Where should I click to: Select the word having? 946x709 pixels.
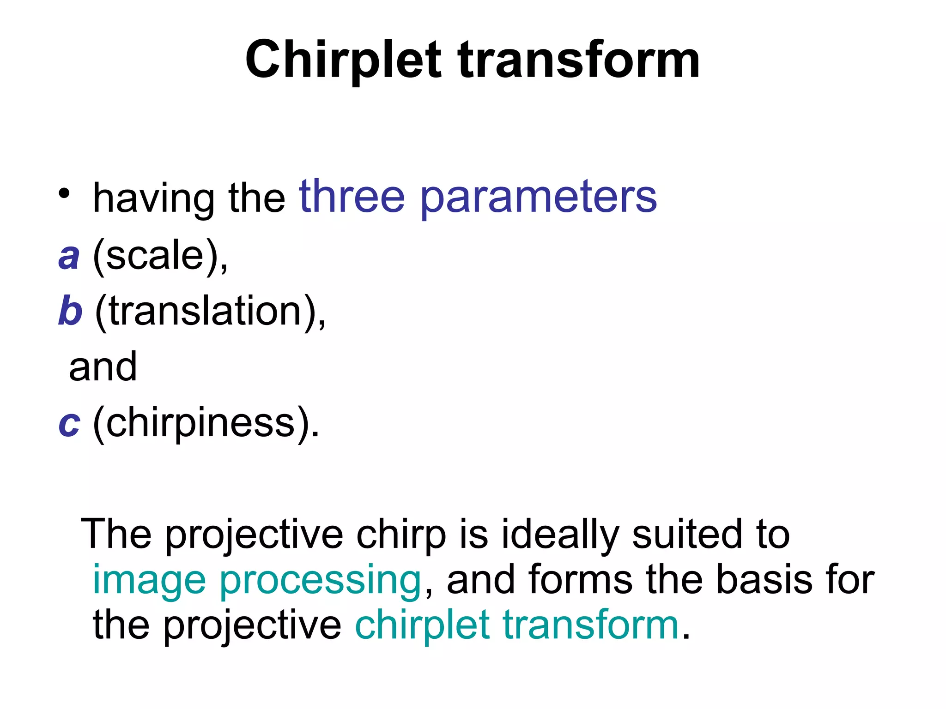coord(153,198)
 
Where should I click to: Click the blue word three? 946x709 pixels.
coord(352,197)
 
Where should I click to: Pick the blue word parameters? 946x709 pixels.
coord(538,198)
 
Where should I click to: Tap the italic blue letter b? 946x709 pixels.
coord(70,311)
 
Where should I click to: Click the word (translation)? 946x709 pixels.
coord(211,312)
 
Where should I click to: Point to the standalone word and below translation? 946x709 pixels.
coord(103,367)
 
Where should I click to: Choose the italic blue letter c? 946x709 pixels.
coord(69,423)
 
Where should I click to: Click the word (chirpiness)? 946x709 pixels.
coord(206,423)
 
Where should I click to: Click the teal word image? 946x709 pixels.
coord(149,581)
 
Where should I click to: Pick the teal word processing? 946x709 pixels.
coord(320,581)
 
